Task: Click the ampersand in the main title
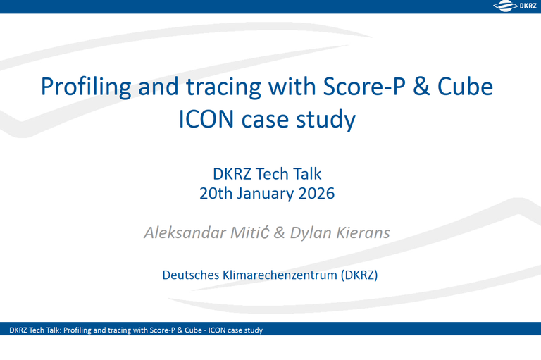416,87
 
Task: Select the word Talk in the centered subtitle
305,173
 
